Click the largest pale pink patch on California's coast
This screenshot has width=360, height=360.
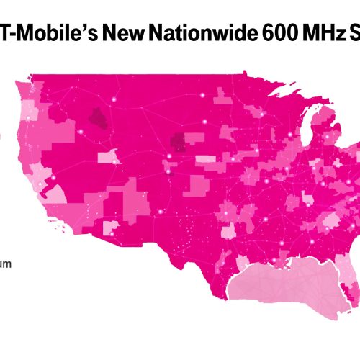click(53, 192)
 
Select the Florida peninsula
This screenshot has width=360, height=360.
click(351, 284)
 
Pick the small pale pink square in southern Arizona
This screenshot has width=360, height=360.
click(114, 229)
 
